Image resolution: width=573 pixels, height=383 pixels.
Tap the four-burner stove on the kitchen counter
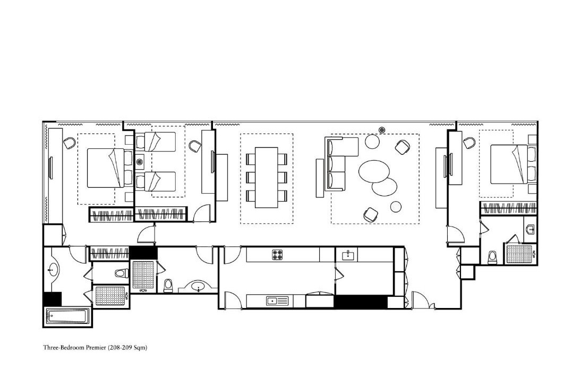coord(278,254)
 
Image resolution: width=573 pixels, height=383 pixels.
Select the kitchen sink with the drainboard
coord(277,301)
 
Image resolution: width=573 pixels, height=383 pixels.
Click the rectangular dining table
coord(267,177)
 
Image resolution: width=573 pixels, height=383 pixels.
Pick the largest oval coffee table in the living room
coord(374,171)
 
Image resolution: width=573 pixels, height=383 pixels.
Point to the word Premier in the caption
coord(96,347)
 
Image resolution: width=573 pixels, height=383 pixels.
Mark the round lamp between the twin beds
coord(139,162)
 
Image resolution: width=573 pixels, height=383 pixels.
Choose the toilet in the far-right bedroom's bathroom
coord(493,257)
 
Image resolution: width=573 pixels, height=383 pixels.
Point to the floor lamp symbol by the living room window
coord(382,129)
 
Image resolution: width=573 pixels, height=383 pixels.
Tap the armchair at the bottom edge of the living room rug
coord(370,214)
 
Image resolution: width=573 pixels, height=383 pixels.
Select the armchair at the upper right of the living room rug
coord(402,147)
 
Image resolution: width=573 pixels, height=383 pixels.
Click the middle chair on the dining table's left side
coord(251,177)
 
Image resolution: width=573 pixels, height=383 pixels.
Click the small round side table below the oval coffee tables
coord(396,207)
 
